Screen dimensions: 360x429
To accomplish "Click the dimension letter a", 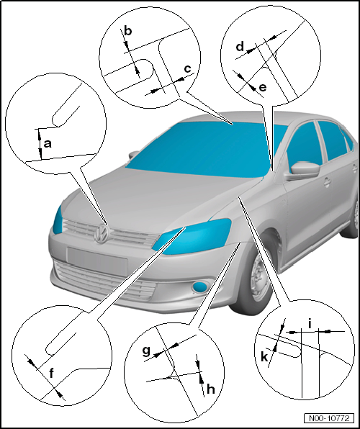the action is click(x=48, y=143).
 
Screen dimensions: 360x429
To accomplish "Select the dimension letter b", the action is click(x=127, y=30).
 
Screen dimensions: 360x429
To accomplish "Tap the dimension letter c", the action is click(x=187, y=68).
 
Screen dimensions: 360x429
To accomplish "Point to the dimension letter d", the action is click(x=240, y=47).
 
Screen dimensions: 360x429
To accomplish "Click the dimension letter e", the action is click(x=262, y=88).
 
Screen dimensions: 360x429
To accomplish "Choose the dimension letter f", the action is click(x=52, y=373).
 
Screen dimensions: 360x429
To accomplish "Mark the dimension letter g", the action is click(x=147, y=351).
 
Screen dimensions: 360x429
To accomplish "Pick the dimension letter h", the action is click(x=210, y=389).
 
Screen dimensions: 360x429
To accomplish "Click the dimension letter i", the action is click(x=310, y=324).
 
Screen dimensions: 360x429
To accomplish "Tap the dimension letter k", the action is click(x=264, y=356).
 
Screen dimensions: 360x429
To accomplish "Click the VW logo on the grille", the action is click(x=102, y=233).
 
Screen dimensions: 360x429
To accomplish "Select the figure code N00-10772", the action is click(x=329, y=418).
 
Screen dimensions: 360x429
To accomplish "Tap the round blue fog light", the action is click(x=200, y=286).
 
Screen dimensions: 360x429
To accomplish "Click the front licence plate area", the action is click(x=97, y=260).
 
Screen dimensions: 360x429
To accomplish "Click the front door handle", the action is click(x=327, y=182).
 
